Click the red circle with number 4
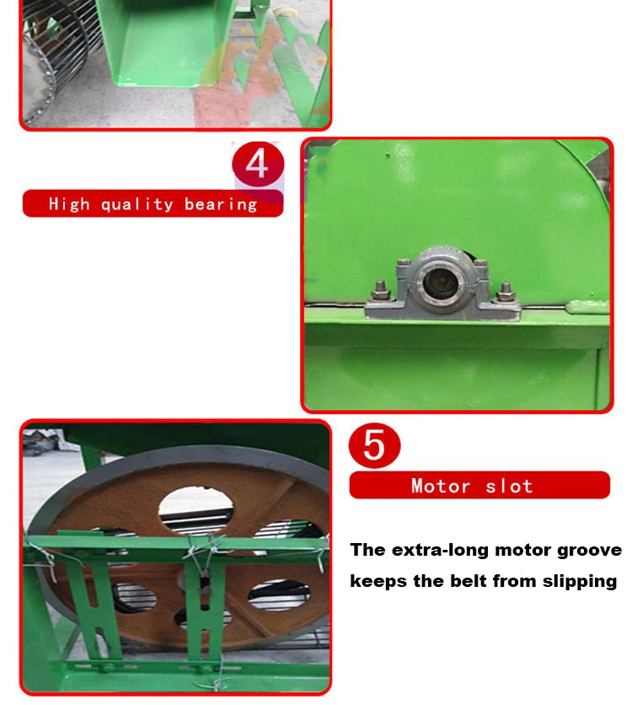pyautogui.click(x=258, y=164)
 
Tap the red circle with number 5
pyautogui.click(x=374, y=445)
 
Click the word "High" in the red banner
pyautogui.click(x=69, y=205)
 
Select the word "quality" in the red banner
pyautogui.click(x=137, y=205)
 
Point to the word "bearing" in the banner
pyautogui.click(x=221, y=205)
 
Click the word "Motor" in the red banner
pyautogui.click(x=441, y=486)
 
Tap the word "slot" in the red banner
pyautogui.click(x=509, y=486)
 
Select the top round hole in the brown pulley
pyautogui.click(x=195, y=507)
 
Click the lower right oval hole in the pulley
pyautogui.click(x=279, y=595)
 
